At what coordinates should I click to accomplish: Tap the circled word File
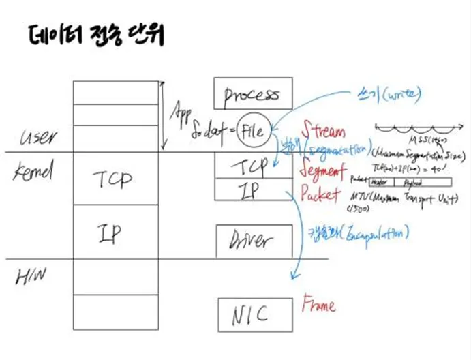254,127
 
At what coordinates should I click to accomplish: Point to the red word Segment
324,168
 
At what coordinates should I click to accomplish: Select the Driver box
248,240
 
